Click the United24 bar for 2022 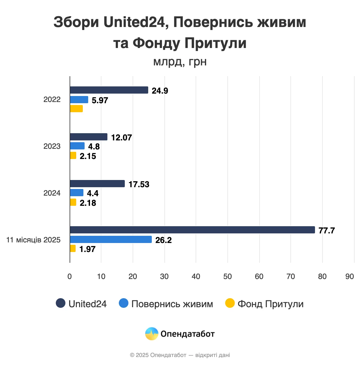click(109, 90)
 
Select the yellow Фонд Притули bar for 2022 click(76, 109)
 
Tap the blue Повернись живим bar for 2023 click(77, 146)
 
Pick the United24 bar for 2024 click(97, 184)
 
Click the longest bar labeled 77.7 click(192, 230)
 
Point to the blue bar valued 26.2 click(111, 239)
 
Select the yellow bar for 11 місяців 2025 click(73, 248)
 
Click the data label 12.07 click(121, 137)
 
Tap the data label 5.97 click(100, 100)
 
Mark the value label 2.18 click(88, 203)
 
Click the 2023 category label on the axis click(52, 146)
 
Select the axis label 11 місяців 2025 click(33, 240)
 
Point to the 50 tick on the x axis click(227, 276)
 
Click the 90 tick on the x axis click(349, 276)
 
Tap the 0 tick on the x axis click(70, 276)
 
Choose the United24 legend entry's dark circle click(61, 303)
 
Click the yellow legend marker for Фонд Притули click(230, 303)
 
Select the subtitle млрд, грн click(180, 61)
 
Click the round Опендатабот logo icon click(151, 334)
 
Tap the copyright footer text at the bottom click(180, 355)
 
